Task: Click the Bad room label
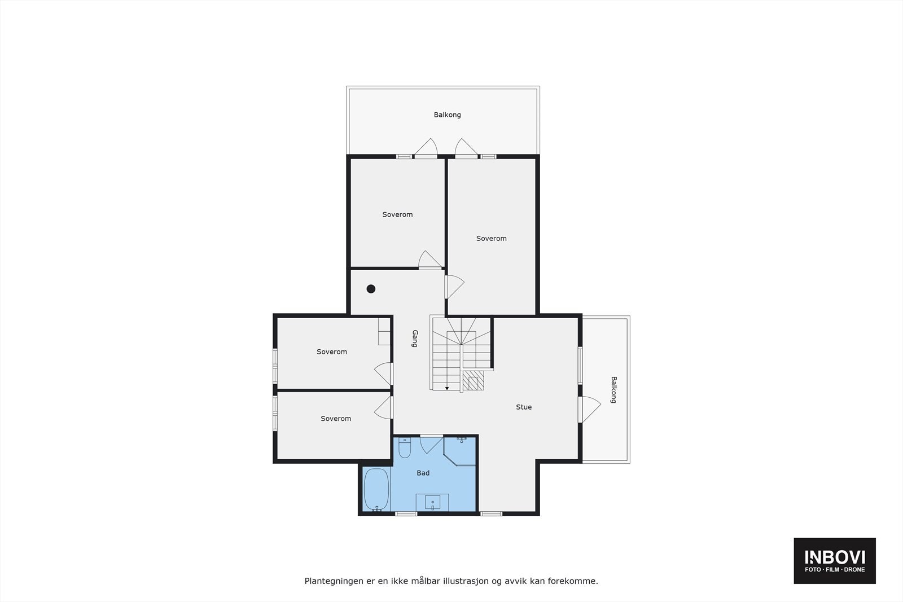click(423, 473)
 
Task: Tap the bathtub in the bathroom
click(376, 489)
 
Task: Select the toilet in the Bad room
click(405, 448)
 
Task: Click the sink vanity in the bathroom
click(432, 502)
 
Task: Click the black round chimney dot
click(371, 289)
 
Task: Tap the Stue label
click(523, 407)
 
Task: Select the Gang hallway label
click(415, 339)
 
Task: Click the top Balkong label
click(447, 115)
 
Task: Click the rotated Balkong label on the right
click(613, 389)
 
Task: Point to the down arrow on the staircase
click(446, 388)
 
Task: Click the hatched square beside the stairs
click(474, 381)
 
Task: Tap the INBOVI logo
click(834, 560)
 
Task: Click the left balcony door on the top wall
click(426, 148)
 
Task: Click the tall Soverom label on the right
click(491, 239)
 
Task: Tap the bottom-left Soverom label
click(335, 419)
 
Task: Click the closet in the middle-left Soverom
click(384, 331)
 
